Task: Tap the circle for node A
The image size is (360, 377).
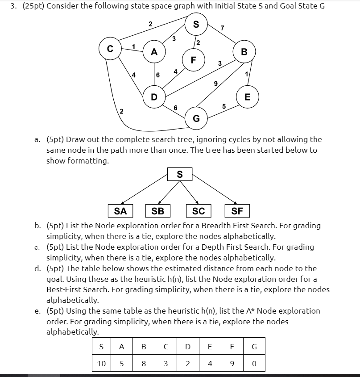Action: (x=154, y=52)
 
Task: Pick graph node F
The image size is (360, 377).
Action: (x=193, y=60)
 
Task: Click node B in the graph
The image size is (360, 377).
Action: (x=244, y=52)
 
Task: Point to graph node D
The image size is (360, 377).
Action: (x=154, y=96)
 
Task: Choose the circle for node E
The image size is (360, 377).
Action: (x=248, y=96)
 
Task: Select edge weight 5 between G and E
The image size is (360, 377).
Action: (x=224, y=106)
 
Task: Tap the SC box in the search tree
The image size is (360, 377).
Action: (x=198, y=211)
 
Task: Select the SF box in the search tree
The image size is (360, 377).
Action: (x=238, y=211)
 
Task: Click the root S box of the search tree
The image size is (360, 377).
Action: (x=179, y=174)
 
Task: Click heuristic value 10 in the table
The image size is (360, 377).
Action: (x=101, y=363)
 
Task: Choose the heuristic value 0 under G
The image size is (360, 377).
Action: (x=254, y=363)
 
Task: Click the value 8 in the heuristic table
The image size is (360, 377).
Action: (x=144, y=363)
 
